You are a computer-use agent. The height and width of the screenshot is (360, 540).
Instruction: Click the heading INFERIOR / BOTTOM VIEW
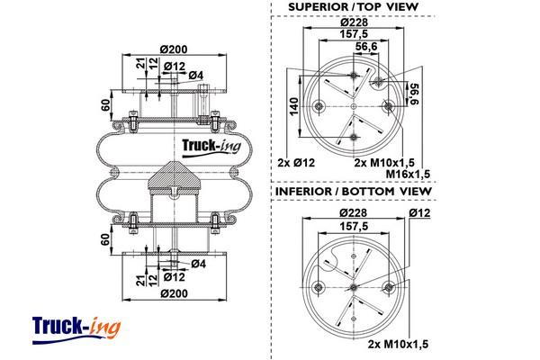tap(354, 192)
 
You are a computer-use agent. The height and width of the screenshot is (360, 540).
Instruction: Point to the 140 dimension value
tap(294, 107)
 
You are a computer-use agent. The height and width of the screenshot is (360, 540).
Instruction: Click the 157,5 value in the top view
tap(353, 37)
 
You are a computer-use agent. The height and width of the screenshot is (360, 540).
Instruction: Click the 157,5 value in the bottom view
tap(352, 227)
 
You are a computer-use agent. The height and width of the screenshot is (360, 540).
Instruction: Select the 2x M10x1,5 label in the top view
tap(386, 162)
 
